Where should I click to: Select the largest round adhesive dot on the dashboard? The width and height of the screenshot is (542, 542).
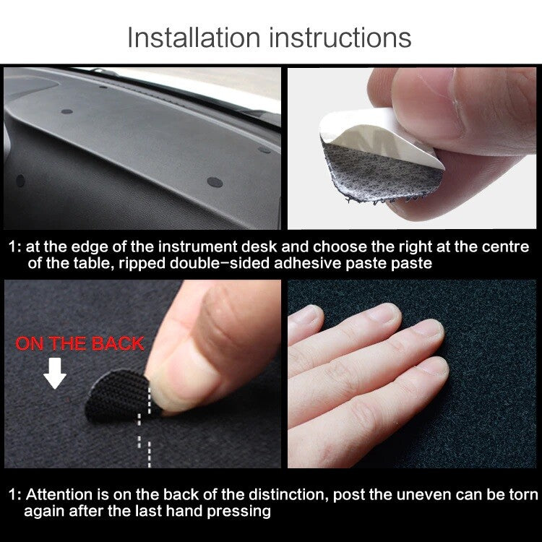[214, 181]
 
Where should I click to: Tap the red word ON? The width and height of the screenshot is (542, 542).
[30, 343]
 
